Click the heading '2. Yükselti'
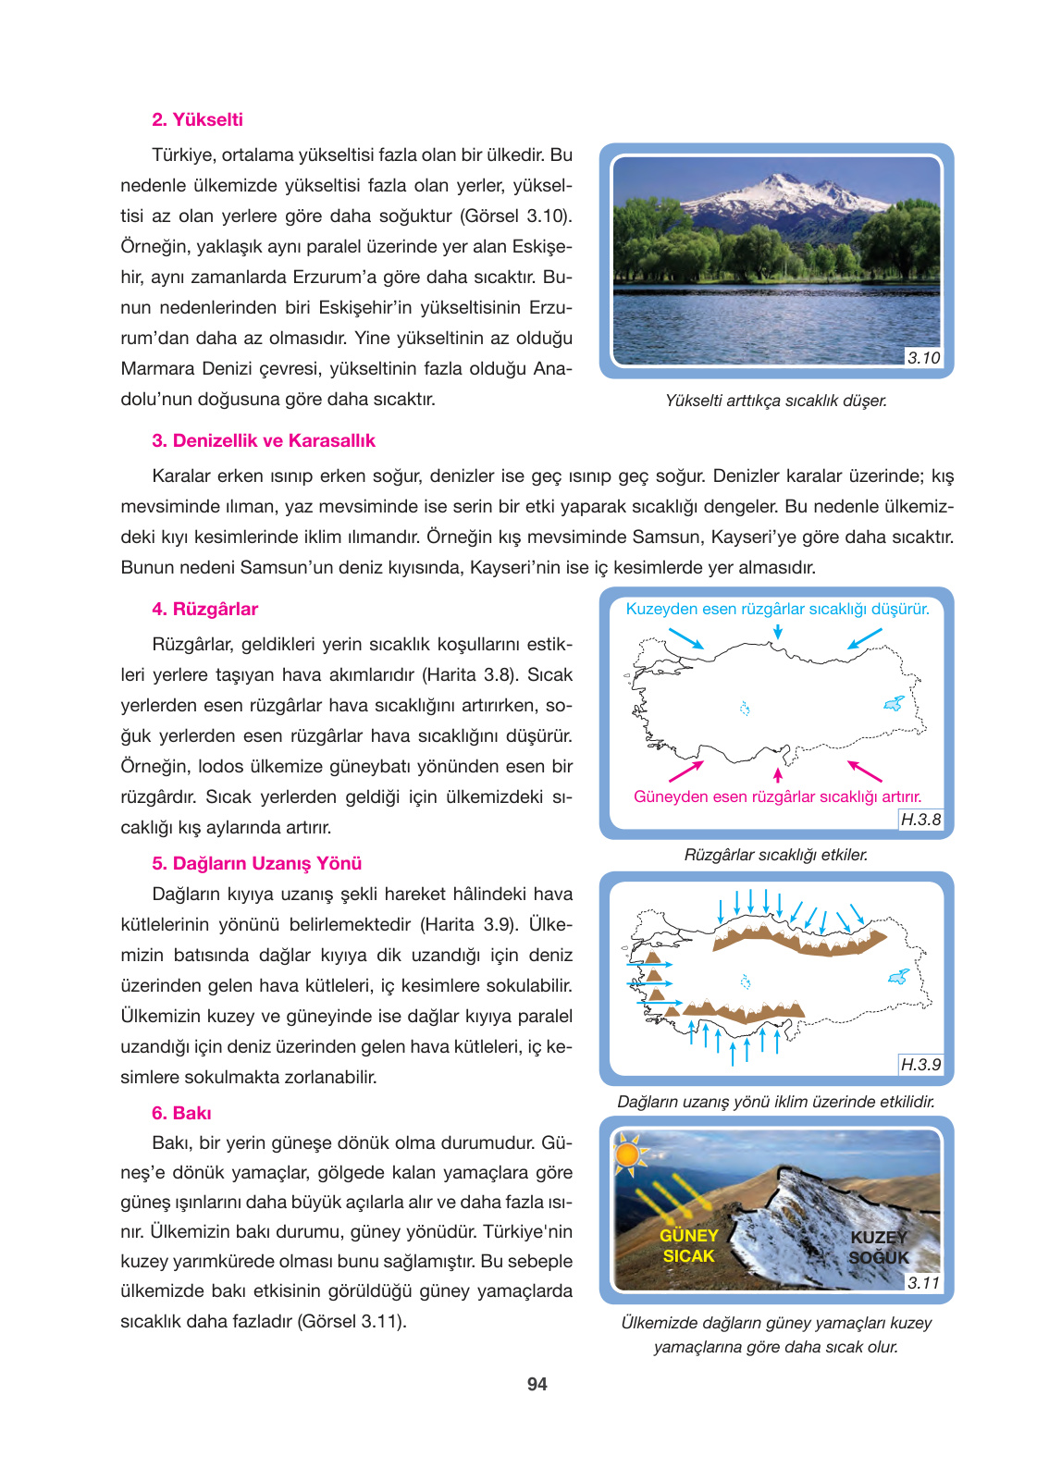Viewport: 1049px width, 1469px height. (x=197, y=119)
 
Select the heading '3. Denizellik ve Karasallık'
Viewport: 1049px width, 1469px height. (x=264, y=440)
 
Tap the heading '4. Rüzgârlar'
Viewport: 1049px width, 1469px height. (x=204, y=609)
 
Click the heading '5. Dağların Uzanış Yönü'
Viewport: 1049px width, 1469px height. (x=256, y=863)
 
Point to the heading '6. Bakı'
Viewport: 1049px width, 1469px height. (x=181, y=1113)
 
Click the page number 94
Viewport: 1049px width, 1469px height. (x=537, y=1384)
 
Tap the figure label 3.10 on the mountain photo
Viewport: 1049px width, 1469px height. (x=923, y=358)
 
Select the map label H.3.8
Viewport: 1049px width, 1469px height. (x=920, y=820)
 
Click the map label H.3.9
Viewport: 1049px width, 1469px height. (x=920, y=1065)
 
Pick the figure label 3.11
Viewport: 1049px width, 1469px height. (x=923, y=1283)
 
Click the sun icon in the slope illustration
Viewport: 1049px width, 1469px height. (x=628, y=1154)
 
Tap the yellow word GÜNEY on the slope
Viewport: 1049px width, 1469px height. (x=688, y=1236)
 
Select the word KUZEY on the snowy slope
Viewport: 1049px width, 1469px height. (x=879, y=1238)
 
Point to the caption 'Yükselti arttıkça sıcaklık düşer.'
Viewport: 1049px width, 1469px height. (x=775, y=401)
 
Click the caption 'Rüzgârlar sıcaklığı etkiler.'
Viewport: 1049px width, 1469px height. (x=775, y=855)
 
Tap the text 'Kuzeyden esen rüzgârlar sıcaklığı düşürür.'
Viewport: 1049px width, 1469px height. (x=777, y=609)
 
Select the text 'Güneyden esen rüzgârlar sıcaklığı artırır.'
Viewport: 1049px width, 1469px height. (x=777, y=796)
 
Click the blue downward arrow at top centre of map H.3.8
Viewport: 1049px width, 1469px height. (x=778, y=631)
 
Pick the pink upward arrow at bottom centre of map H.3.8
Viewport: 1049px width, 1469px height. (x=778, y=774)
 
